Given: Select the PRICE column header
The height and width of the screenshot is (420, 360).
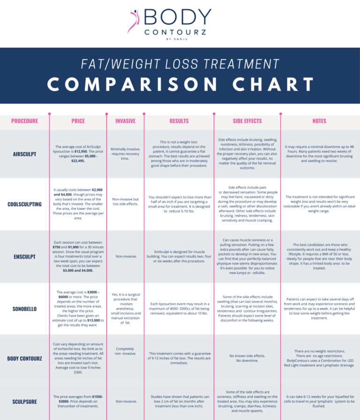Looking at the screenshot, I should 78,121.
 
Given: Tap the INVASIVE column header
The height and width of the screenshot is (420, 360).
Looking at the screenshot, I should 125,121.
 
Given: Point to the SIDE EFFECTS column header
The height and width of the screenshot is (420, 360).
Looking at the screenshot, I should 247,121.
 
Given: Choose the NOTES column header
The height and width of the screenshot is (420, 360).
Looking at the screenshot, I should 319,121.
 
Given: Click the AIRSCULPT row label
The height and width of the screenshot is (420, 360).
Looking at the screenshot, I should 24,154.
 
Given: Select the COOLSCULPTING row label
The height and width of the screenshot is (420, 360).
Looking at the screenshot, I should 24,204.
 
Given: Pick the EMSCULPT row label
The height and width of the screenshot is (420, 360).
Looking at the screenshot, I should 24,256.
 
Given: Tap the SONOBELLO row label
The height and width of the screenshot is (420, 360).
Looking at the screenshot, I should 24,309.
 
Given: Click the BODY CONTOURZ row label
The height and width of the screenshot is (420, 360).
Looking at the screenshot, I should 24,359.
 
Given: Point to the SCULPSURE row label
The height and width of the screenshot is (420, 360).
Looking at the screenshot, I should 24,402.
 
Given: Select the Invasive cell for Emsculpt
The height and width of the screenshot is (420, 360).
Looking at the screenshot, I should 125,256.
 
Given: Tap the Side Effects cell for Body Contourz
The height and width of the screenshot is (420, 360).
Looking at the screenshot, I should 247,359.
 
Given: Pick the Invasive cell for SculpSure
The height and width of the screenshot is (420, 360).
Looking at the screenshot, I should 125,401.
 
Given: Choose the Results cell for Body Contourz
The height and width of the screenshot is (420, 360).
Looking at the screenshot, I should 179,359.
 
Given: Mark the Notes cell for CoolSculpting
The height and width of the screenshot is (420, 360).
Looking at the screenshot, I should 319,204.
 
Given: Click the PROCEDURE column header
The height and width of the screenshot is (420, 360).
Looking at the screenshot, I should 24,121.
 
